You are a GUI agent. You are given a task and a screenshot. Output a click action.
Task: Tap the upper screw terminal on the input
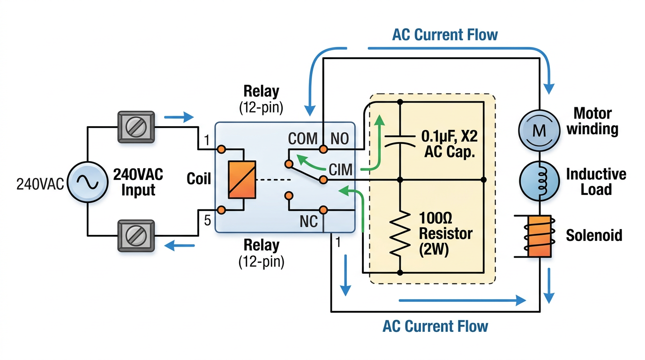click(135, 127)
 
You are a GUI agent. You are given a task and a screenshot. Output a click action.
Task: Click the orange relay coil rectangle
click(242, 179)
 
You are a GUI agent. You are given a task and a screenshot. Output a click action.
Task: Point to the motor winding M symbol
click(540, 130)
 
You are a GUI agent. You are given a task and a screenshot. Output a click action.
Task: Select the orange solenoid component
click(540, 237)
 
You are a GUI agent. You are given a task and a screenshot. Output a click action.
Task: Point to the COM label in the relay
click(302, 139)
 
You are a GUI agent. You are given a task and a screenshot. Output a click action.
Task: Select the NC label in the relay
click(308, 221)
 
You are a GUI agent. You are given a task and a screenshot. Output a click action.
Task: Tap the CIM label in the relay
click(341, 170)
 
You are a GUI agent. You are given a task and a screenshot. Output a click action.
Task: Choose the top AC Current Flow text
click(445, 35)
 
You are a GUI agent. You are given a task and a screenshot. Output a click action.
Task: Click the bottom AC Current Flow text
click(435, 326)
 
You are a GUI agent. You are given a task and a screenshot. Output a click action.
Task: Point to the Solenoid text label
click(594, 235)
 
